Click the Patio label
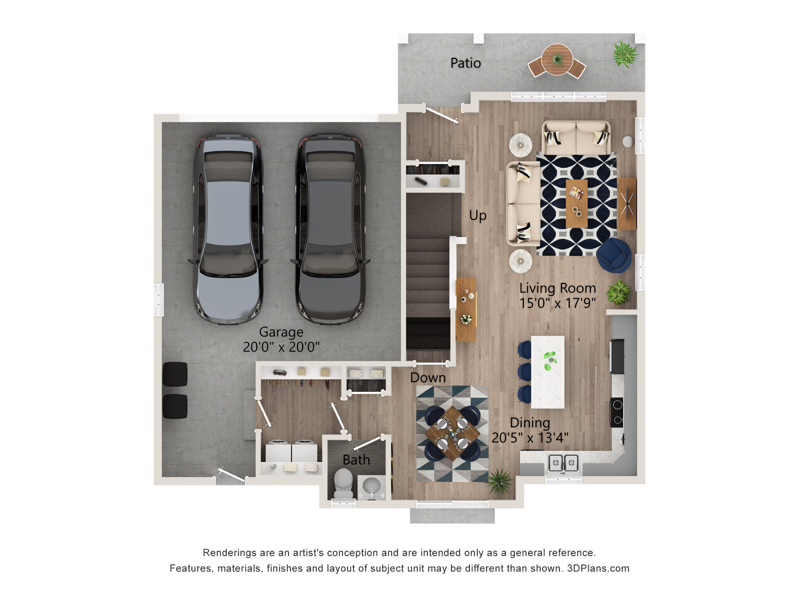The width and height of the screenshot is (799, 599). (x=466, y=63)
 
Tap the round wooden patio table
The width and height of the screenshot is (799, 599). (x=557, y=59)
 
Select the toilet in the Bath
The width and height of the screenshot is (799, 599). (x=343, y=483)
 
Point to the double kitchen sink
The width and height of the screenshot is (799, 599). (x=563, y=463)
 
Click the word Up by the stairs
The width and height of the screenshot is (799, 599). (x=478, y=215)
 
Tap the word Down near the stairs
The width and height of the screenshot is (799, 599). (x=428, y=377)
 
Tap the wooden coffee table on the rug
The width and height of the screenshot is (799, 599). (x=576, y=204)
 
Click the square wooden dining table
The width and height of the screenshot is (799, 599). (x=452, y=434)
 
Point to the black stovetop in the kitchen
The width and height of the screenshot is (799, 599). (x=617, y=413)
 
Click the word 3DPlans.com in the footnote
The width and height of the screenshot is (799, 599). (x=598, y=568)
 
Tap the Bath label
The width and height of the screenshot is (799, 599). (x=356, y=460)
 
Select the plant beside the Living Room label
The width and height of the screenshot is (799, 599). (x=618, y=292)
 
